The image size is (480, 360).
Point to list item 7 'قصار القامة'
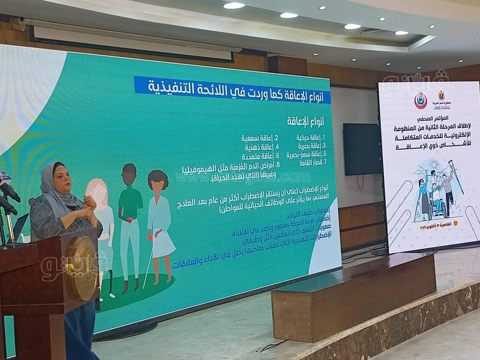tap(309, 162)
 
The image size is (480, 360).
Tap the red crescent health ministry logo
tap(421, 99)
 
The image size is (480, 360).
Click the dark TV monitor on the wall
tap(362, 149)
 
